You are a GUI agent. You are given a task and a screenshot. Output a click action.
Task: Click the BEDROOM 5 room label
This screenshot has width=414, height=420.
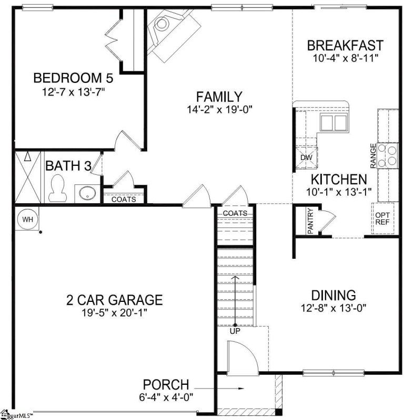coord(74,78)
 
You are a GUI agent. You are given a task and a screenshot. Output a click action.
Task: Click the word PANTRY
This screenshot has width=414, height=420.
coord(310,222)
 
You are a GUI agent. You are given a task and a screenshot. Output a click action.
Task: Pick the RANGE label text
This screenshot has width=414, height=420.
coord(373,156)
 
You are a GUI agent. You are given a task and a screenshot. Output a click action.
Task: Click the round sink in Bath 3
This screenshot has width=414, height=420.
coord(85,193)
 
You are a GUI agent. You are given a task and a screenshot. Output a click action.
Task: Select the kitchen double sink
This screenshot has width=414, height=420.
coord(334,122)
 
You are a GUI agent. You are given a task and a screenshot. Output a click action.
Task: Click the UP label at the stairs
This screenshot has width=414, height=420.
coord(234,331)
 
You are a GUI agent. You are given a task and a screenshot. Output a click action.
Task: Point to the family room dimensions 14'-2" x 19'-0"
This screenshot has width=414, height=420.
coord(219,110)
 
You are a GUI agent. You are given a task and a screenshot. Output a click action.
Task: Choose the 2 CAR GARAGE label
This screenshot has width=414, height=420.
coord(114,300)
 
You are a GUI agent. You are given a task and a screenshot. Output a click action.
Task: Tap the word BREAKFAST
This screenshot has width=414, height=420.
coord(345,45)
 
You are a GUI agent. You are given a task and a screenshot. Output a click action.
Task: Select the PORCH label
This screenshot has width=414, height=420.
coord(166,385)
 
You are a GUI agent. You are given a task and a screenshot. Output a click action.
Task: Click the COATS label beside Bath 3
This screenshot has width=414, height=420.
coord(124,199)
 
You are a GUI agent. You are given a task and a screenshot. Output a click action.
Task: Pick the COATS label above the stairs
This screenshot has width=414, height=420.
coord(234,213)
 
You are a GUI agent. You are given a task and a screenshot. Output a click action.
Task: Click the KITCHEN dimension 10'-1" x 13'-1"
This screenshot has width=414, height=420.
coord(339,192)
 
